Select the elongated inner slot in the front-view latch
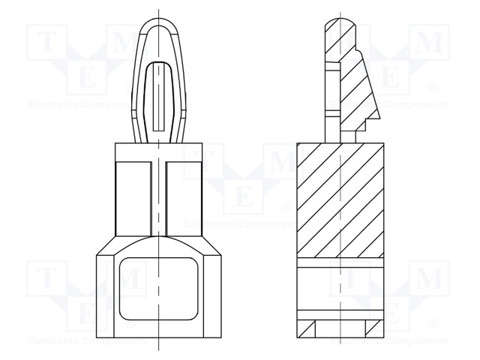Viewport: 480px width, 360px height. click(158, 94)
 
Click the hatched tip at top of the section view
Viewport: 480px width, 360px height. click(338, 34)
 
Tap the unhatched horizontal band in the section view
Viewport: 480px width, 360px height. click(341, 262)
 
